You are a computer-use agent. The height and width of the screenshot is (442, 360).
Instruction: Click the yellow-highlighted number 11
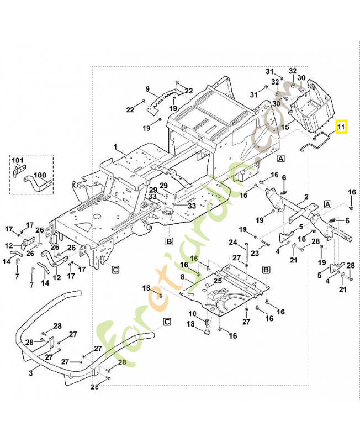pos(341,128)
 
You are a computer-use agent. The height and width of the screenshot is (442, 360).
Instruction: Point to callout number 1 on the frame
pos(116,148)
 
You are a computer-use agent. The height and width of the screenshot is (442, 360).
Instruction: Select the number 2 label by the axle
pos(306,197)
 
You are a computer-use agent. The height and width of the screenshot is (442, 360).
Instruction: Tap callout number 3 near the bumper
pos(31,374)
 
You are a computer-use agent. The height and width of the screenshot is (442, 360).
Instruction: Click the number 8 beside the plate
pos(183,277)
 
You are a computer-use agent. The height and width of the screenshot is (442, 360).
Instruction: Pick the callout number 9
pos(147,89)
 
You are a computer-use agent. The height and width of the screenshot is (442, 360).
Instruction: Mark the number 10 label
pos(193,314)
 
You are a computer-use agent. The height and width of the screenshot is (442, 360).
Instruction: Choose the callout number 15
pos(285,127)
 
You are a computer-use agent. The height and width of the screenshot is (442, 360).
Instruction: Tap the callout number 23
pos(255,254)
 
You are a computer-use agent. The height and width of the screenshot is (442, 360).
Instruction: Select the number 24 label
pos(233,242)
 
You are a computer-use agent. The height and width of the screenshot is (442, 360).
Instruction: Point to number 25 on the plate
pos(218,281)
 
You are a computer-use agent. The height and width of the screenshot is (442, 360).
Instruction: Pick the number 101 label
pos(18,161)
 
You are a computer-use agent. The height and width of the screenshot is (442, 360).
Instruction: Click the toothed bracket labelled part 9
pos(163,99)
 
